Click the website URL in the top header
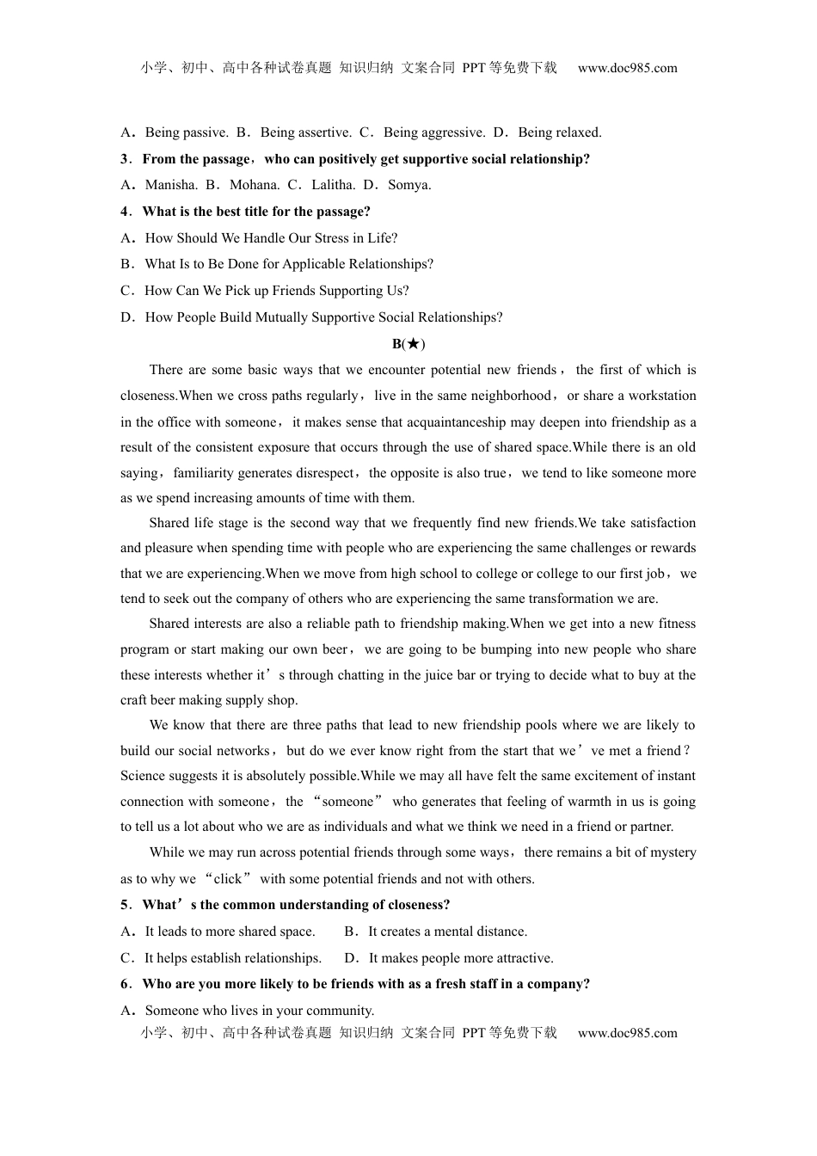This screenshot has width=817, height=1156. (x=627, y=68)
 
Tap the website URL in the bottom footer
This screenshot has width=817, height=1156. (x=627, y=1033)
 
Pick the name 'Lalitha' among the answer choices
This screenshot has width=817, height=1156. (x=333, y=185)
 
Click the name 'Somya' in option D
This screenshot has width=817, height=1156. (x=409, y=185)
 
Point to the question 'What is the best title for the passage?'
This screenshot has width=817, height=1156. (x=255, y=212)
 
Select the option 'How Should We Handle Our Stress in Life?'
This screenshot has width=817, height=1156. (x=271, y=238)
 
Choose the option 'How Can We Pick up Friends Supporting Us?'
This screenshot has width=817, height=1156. (x=276, y=291)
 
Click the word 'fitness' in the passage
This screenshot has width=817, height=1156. (x=676, y=624)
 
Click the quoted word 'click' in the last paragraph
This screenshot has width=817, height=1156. (x=228, y=879)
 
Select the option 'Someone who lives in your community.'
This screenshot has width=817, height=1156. (x=259, y=1011)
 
